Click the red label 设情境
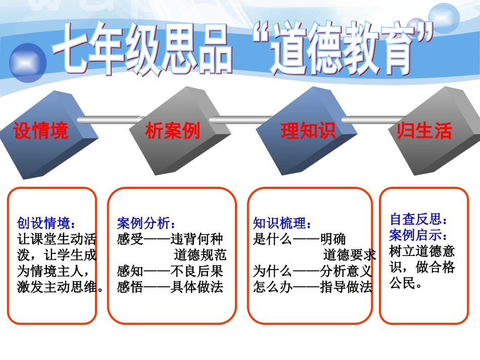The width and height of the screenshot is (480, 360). coord(40,131)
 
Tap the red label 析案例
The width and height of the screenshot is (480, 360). coord(173,131)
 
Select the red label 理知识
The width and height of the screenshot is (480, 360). coord(308,131)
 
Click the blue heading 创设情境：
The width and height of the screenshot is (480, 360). coord(46,223)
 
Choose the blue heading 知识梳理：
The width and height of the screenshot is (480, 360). coord(282,223)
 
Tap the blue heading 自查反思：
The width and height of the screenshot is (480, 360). coord(419,219)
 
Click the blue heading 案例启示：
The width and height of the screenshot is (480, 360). coord(419,235)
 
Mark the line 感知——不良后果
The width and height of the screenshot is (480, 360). coord(170,271)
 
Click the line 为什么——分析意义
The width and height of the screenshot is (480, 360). coord(312,271)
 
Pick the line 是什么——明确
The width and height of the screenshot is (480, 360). coord(299,239)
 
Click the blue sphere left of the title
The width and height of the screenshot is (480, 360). coord(28,63)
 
